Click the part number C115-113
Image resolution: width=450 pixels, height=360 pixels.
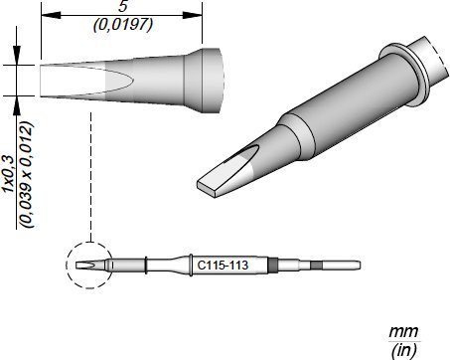[223, 266]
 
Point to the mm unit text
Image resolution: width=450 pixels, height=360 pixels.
[403, 331]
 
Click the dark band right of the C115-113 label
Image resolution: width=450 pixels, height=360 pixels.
[274, 266]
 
